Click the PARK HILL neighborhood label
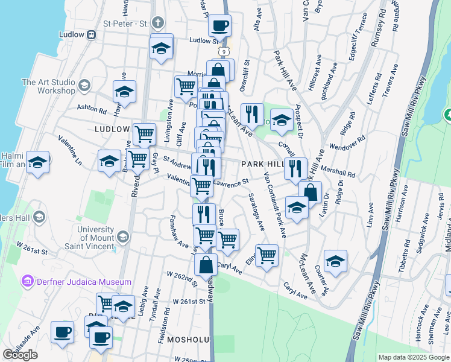click(262, 164)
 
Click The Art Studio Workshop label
click(48, 86)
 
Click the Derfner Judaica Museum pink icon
click(27, 281)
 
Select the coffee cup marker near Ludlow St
click(219, 26)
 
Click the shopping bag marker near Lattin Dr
click(310, 192)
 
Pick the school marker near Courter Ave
click(335, 261)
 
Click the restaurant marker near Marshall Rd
click(295, 168)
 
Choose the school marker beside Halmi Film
click(38, 162)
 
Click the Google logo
click(20, 355)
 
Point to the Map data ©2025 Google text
click(413, 357)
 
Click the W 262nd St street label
click(182, 278)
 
